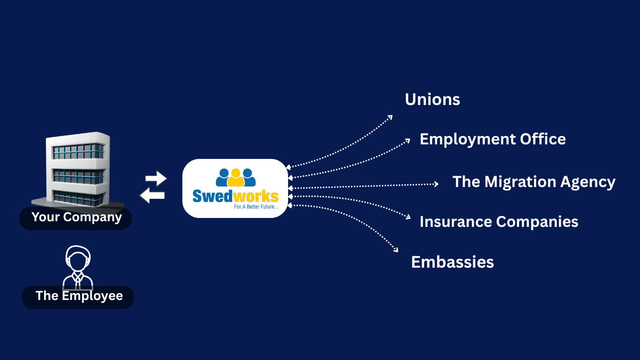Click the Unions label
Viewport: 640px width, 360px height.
432,99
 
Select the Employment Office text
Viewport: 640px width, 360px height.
492,139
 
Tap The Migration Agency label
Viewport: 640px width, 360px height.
534,182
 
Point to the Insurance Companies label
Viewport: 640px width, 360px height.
499,222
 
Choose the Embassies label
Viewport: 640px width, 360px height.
453,262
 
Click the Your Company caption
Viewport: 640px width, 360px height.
76,217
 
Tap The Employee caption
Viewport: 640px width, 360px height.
79,296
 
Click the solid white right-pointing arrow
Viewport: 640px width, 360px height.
156,179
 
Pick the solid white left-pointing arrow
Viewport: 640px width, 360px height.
152,195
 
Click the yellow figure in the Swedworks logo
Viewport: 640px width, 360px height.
236,177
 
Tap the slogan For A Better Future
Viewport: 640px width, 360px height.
256,206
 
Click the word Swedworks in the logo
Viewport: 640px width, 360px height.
235,196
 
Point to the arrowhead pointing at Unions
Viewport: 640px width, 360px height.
390,117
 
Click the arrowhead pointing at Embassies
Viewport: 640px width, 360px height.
396,250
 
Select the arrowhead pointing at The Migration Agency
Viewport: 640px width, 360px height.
436,184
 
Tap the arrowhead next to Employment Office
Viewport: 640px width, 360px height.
408,141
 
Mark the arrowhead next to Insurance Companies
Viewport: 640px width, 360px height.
408,217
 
